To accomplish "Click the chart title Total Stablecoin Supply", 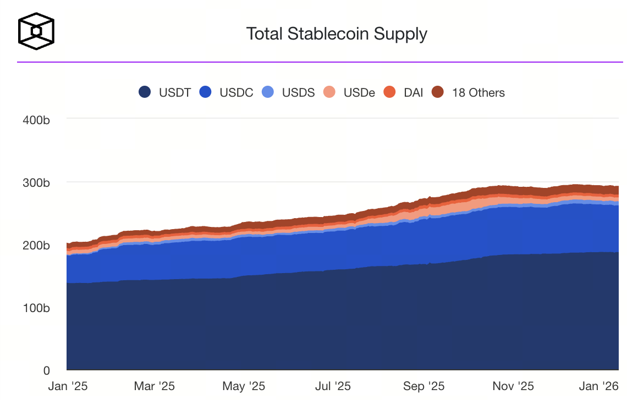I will tap(337, 34).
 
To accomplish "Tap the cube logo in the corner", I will tap(36, 31).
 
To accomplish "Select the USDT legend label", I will tap(175, 92).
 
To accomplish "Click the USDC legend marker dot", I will tap(206, 92).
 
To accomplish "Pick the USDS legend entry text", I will tap(298, 92).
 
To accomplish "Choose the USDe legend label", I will tap(359, 92).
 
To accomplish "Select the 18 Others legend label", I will tap(478, 92).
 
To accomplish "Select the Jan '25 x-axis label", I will tap(68, 386).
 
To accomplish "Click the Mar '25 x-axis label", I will tap(155, 386).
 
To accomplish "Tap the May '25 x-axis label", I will tap(244, 386).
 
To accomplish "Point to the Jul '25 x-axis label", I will tap(332, 386).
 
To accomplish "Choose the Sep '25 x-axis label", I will tap(424, 386).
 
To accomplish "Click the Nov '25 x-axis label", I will tap(512, 386).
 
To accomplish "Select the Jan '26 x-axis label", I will tap(598, 386).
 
